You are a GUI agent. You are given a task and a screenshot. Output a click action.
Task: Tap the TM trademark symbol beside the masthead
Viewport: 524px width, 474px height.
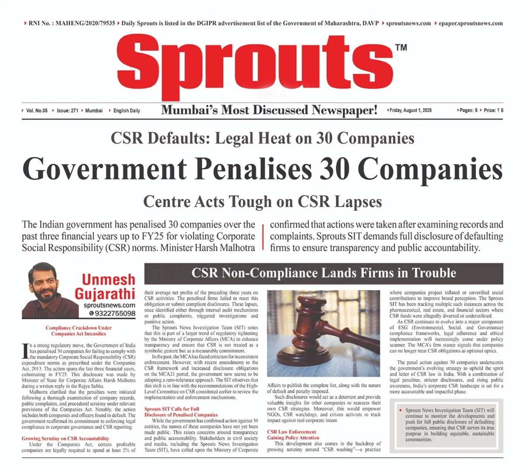pyautogui.click(x=401, y=47)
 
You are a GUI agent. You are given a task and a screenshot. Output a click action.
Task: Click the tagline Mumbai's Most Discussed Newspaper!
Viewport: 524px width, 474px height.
pyautogui.click(x=269, y=110)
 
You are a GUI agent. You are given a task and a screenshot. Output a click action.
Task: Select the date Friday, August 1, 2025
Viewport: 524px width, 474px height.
pyautogui.click(x=410, y=110)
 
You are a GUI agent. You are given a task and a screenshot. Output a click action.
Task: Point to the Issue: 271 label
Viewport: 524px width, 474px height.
pyautogui.click(x=67, y=111)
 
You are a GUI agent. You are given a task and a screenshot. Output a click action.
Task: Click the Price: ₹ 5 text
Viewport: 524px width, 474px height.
pyautogui.click(x=493, y=110)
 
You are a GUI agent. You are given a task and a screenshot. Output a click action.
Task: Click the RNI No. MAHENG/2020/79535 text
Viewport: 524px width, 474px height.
pyautogui.click(x=72, y=23)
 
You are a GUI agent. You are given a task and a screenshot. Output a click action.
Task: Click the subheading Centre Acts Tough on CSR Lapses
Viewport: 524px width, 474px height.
pyautogui.click(x=262, y=201)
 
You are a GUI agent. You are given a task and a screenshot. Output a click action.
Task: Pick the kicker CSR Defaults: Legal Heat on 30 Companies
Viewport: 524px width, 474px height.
pyautogui.click(x=262, y=138)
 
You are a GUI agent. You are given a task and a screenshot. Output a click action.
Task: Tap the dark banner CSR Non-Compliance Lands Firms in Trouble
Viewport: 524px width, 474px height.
pyautogui.click(x=324, y=273)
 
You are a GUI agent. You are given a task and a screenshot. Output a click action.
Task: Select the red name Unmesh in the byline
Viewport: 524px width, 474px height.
pyautogui.click(x=108, y=279)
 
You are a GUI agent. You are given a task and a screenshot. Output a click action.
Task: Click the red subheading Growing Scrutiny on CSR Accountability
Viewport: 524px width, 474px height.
pyautogui.click(x=65, y=438)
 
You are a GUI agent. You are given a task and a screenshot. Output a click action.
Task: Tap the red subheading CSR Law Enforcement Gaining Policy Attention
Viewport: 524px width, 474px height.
pyautogui.click(x=293, y=435)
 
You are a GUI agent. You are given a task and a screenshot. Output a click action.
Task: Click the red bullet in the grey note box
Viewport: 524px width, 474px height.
pyautogui.click(x=400, y=410)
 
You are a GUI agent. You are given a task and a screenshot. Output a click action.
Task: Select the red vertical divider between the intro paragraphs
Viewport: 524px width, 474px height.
pyautogui.click(x=263, y=237)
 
